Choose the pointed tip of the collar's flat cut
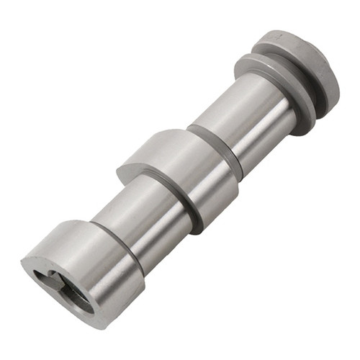(x=121, y=173)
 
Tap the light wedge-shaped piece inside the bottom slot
(x=58, y=281)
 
